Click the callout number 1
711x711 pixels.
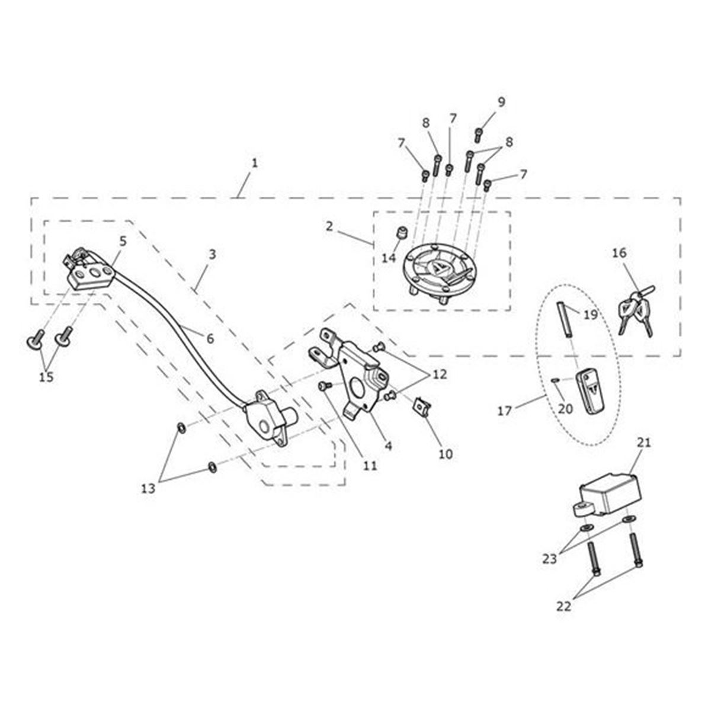(x=254, y=163)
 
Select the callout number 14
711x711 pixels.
(x=389, y=258)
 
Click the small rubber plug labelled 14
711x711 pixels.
(x=401, y=233)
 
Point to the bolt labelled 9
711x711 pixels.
(x=479, y=136)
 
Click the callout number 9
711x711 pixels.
(x=501, y=102)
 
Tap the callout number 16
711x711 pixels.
(x=620, y=253)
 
